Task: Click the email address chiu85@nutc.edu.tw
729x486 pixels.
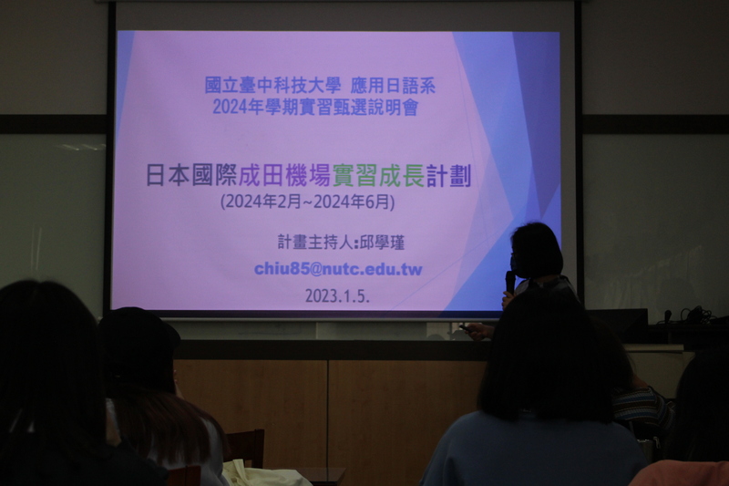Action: click(338, 269)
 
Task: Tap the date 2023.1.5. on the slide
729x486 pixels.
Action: click(337, 295)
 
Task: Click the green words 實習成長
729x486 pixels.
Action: click(378, 177)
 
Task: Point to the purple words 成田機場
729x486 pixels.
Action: click(284, 176)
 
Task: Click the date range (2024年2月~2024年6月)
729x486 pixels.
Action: click(308, 202)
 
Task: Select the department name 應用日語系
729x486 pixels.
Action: click(393, 86)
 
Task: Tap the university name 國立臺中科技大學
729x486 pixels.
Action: click(272, 86)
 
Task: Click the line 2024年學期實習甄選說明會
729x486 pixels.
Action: click(315, 108)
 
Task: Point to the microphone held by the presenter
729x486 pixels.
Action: click(510, 281)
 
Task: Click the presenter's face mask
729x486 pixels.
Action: click(515, 263)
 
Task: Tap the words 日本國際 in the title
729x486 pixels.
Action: click(191, 176)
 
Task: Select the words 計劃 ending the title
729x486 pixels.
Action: click(448, 177)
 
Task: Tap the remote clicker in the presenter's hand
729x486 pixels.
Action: click(466, 328)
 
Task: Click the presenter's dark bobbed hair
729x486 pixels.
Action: click(537, 250)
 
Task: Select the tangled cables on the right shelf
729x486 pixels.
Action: click(694, 315)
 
